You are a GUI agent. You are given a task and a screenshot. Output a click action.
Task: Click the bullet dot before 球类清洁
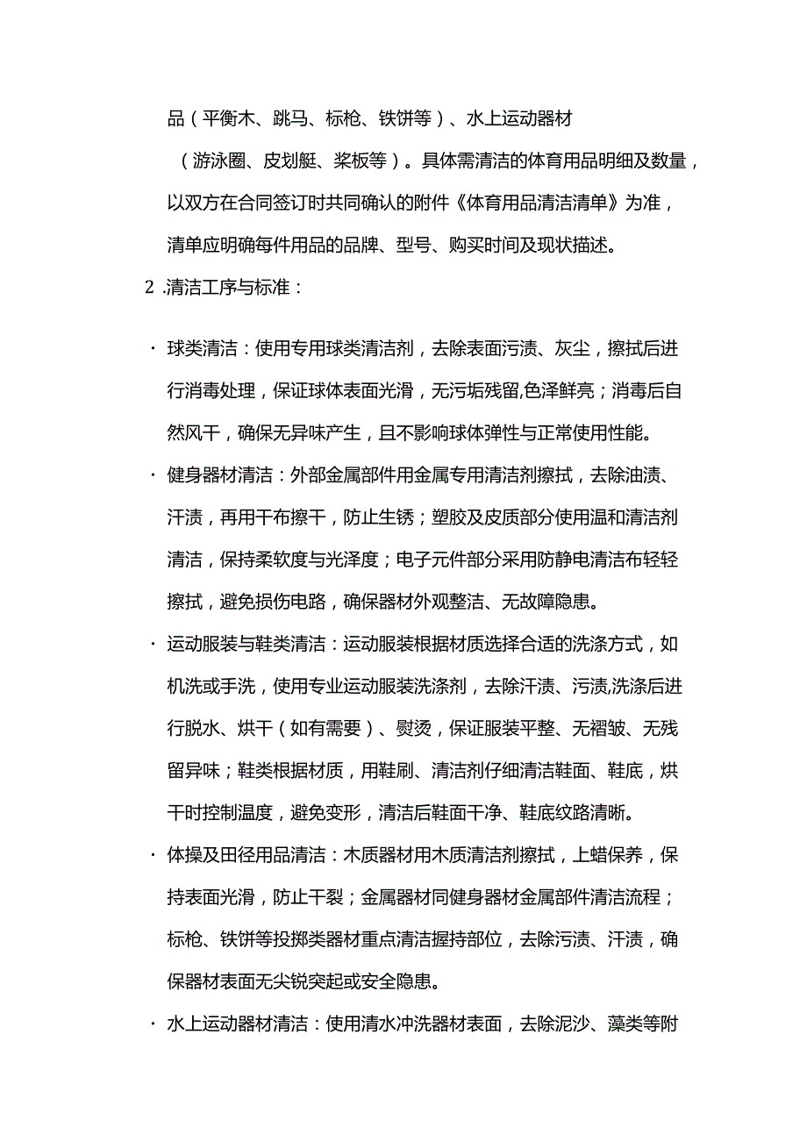tap(149, 349)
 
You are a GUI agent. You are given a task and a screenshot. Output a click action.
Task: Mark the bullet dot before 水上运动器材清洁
tap(149, 1023)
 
